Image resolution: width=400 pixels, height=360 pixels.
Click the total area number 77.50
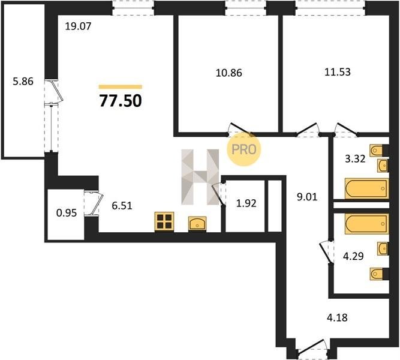point(121,101)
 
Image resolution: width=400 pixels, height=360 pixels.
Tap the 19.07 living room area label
point(78,26)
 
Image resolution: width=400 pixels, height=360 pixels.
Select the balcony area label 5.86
point(23,82)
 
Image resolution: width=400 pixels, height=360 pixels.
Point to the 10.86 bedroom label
point(229,73)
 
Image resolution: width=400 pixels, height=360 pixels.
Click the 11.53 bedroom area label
point(338,72)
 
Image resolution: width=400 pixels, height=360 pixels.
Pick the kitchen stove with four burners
point(164,221)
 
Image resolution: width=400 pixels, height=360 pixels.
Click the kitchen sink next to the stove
point(197,223)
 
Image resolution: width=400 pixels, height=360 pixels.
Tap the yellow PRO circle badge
point(244,149)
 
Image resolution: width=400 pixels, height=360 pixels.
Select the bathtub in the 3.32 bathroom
point(367,188)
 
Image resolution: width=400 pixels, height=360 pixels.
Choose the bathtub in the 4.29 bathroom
point(367,224)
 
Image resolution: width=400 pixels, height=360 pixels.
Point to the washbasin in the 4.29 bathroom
point(383,248)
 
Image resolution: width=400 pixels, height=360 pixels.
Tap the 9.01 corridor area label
point(307,197)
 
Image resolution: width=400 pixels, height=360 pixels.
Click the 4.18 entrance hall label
point(337,317)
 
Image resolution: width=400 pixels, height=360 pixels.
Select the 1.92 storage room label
point(246,203)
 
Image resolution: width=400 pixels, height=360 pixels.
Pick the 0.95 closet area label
point(67,212)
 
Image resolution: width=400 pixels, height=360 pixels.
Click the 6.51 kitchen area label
point(122,206)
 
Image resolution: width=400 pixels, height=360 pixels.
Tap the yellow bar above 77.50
point(121,87)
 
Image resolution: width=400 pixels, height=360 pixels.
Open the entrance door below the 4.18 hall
point(312,347)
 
